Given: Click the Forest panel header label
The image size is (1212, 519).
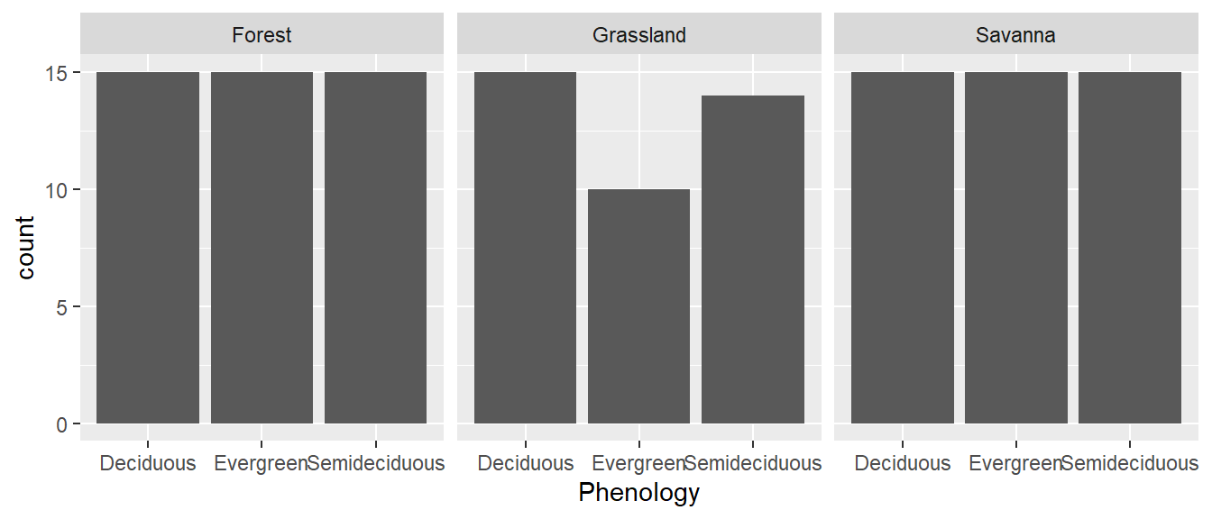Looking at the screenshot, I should pos(262,35).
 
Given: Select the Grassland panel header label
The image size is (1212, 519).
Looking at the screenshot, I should pos(639,35).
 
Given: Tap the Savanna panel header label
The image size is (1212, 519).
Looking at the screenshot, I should pos(1015,35).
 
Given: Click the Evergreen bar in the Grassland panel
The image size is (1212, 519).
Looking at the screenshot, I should pos(638,306).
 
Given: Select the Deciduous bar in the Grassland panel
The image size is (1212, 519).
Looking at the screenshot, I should pos(525,248).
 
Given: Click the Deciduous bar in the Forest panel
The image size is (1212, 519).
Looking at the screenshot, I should pos(148,248).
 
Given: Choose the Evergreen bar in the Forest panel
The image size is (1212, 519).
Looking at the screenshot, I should pos(262,248).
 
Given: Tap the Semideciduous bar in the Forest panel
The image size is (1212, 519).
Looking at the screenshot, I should pos(375,248).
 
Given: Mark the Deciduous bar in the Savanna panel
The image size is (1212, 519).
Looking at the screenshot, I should pos(902,248).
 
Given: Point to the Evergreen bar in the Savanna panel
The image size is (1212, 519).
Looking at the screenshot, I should pos(1016,248).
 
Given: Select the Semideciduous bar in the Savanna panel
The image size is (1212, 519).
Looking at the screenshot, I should pos(1130,248).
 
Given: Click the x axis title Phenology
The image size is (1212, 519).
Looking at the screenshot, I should pos(638,493).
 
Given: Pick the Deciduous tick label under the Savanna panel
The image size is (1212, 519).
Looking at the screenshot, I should pos(902,464).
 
